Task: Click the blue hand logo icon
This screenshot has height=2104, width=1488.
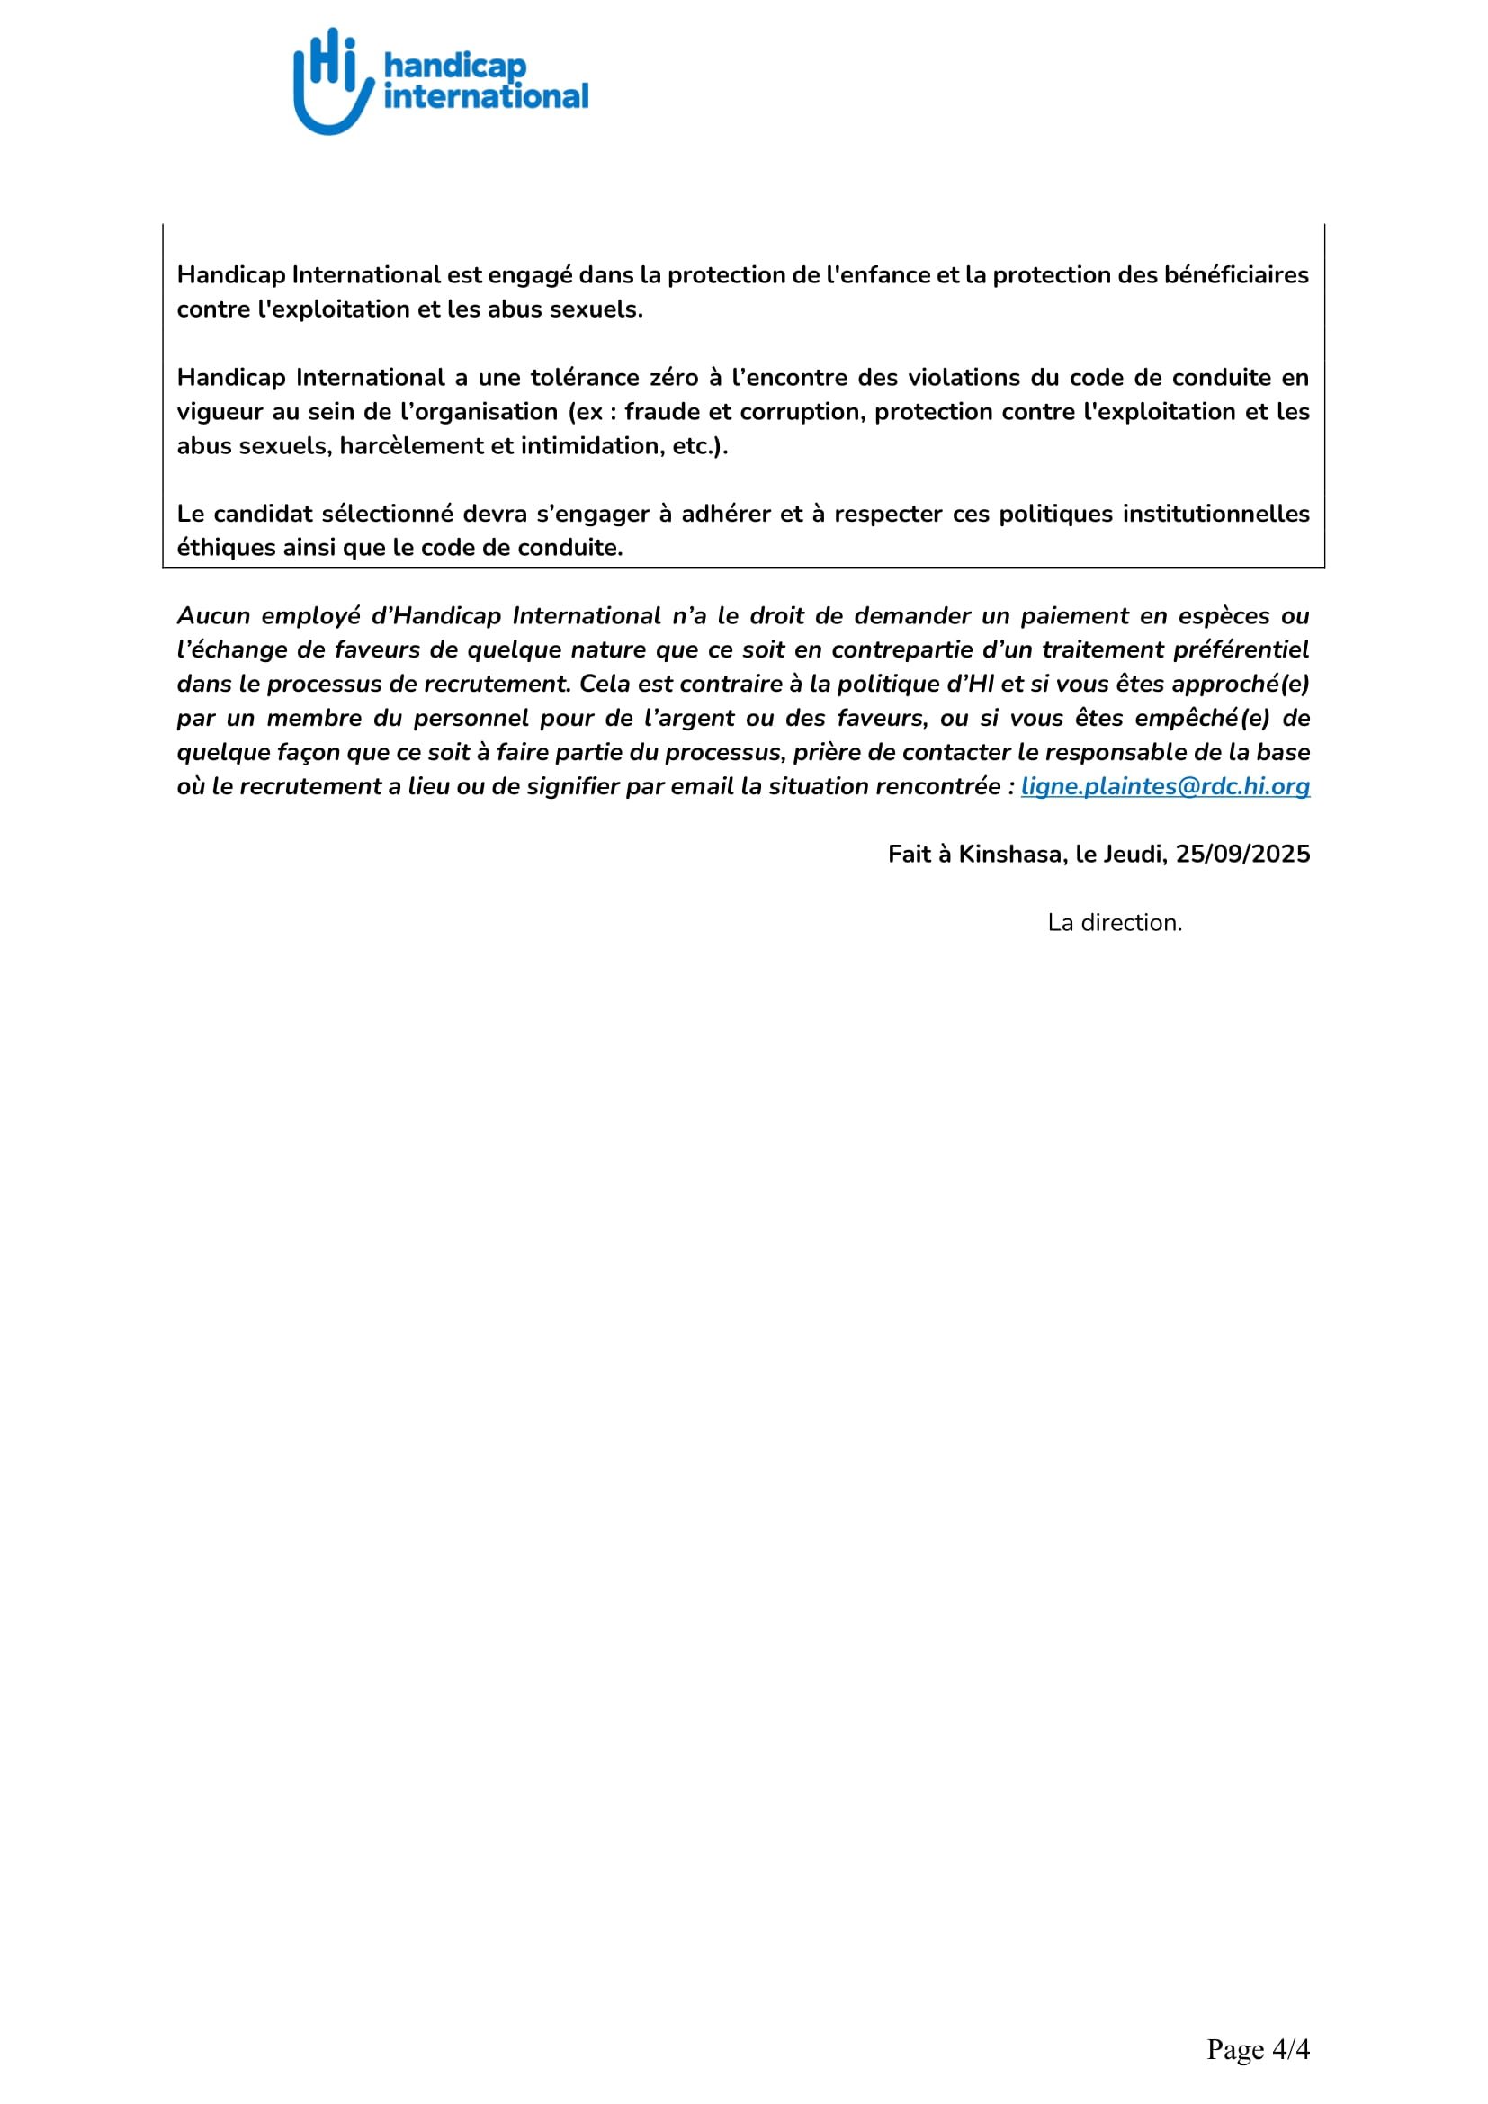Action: (x=332, y=83)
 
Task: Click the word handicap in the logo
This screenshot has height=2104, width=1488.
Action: (x=454, y=66)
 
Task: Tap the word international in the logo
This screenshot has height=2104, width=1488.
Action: (x=486, y=96)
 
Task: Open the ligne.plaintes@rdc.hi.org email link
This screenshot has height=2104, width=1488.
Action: (x=1164, y=786)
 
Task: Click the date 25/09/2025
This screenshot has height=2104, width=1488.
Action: (x=1242, y=854)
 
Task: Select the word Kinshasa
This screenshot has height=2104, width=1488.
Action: (x=1009, y=854)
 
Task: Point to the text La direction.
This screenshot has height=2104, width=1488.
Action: (x=1114, y=923)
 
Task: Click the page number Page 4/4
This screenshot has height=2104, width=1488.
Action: (x=1257, y=2049)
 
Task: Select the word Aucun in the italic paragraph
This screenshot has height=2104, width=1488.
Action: (x=212, y=616)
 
